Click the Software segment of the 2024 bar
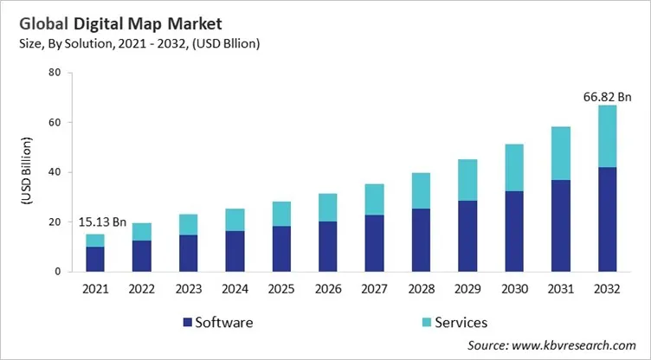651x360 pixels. click(x=234, y=251)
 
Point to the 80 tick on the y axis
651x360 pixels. click(x=54, y=73)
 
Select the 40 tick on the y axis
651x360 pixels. click(x=54, y=172)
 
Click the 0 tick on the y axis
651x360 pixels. click(x=57, y=272)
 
